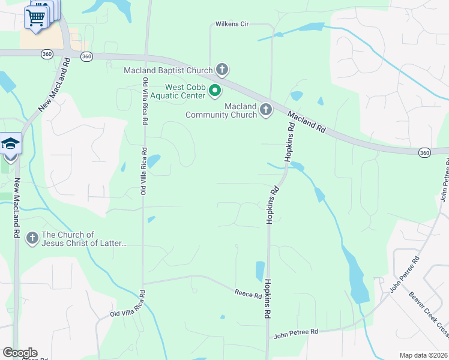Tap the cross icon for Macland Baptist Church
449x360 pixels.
tap(221, 70)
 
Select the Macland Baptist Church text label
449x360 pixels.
tap(168, 70)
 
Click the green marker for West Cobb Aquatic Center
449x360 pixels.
tap(215, 91)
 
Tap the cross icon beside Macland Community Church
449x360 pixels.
tap(266, 110)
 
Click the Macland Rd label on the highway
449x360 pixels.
tap(306, 121)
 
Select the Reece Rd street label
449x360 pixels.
tap(248, 294)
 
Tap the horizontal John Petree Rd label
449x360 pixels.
tap(295, 332)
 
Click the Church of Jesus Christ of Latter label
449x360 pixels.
tap(85, 239)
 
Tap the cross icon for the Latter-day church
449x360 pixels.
tap(32, 238)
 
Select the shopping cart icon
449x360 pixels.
tap(35, 18)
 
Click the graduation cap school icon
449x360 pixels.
tap(10, 144)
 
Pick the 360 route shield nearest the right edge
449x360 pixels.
tap(424, 153)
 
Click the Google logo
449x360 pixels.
tap(20, 353)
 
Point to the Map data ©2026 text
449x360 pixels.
tap(424, 355)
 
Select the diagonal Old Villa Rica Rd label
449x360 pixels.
tap(128, 305)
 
